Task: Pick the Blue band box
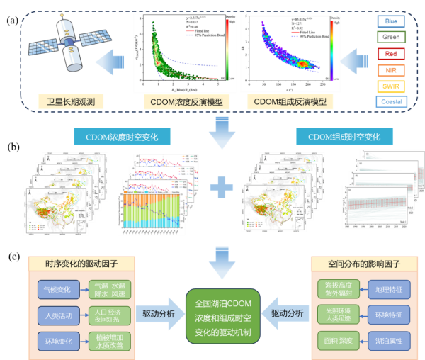(x=391, y=21)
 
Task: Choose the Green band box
(x=391, y=38)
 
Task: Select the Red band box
(x=391, y=54)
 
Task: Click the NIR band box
(x=391, y=70)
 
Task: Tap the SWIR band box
(x=391, y=87)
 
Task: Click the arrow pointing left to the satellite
(x=113, y=67)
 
